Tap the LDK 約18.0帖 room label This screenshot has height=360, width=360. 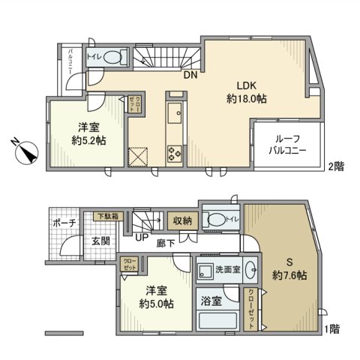pyautogui.click(x=247, y=91)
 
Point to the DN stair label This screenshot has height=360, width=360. pyautogui.click(x=190, y=73)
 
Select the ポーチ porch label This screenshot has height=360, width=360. pyautogui.click(x=63, y=223)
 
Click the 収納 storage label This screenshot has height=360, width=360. pyautogui.click(x=182, y=220)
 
